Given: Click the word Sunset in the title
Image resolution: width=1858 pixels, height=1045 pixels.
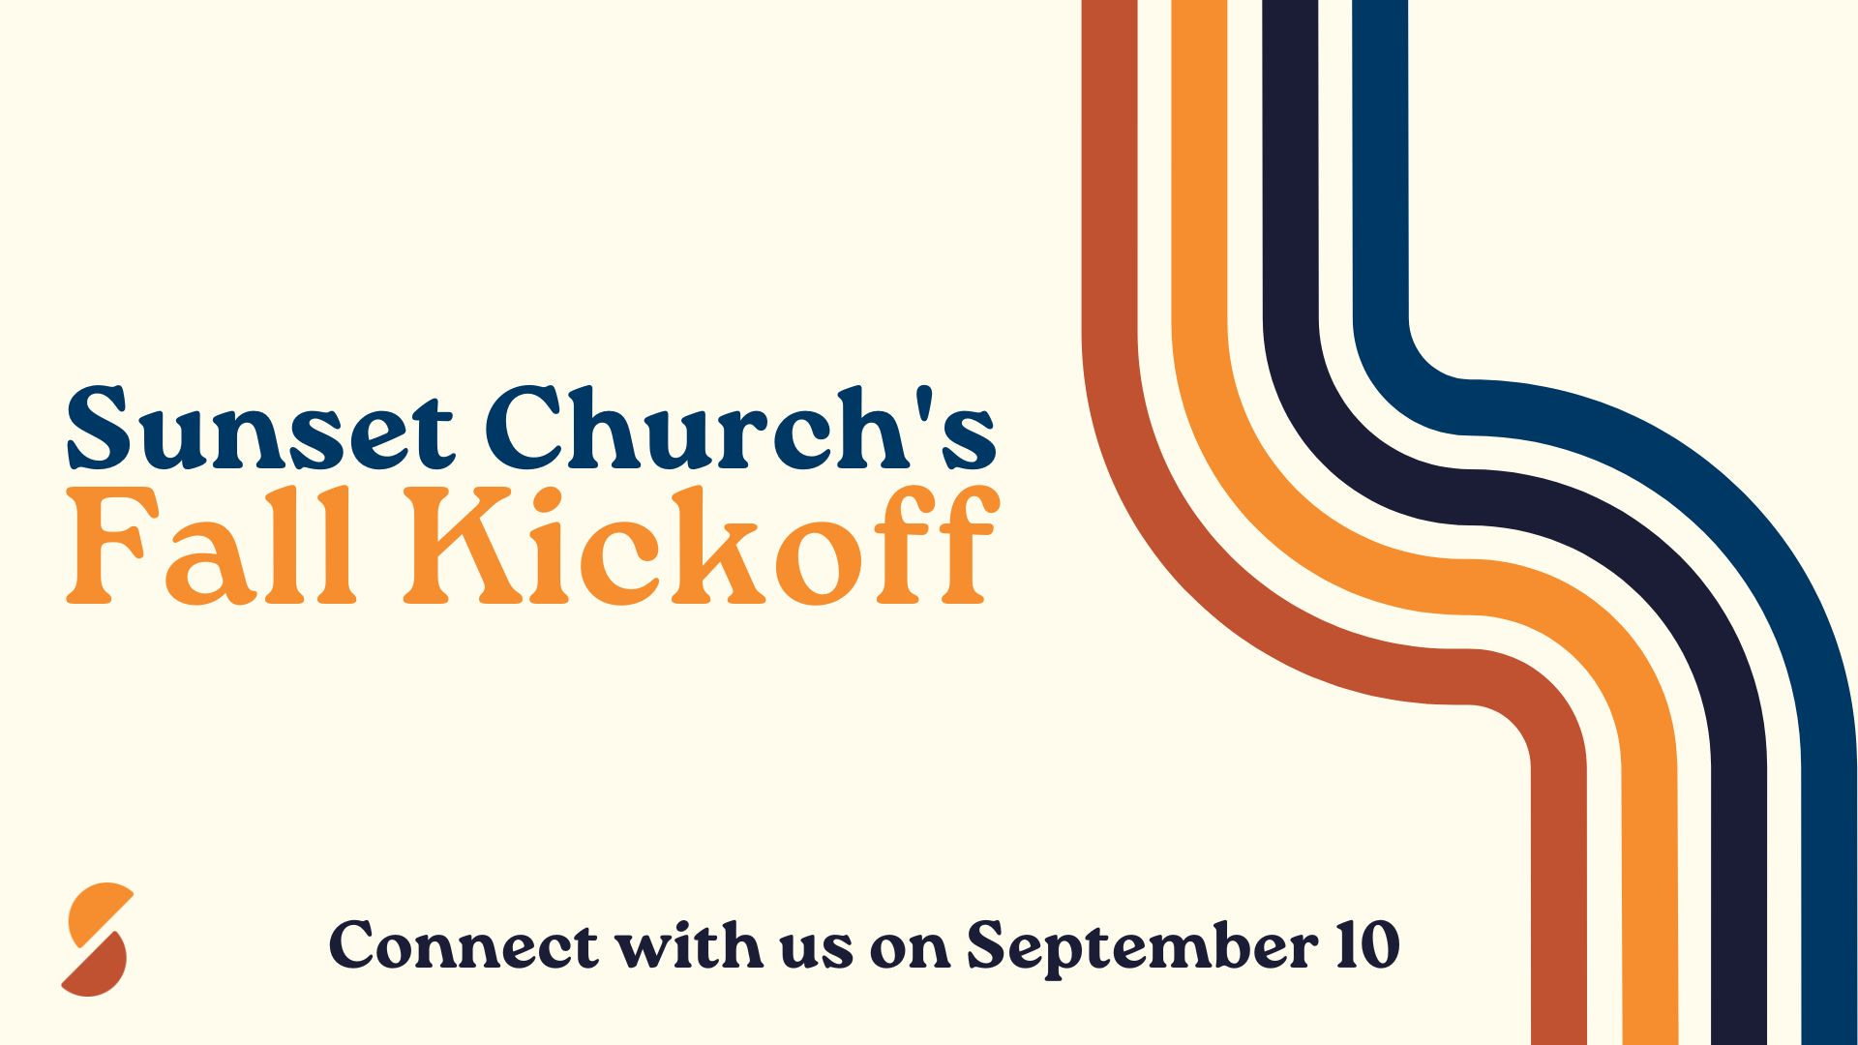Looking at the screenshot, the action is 259,427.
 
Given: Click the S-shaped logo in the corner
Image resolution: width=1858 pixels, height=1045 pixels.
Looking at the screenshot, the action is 97,940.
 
